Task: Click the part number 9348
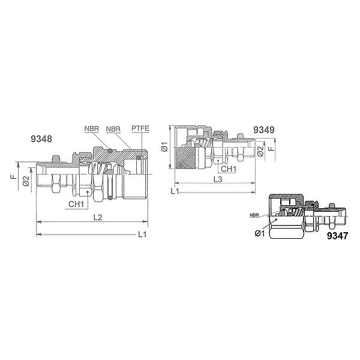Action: pos(41,139)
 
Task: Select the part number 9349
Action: pos(264,130)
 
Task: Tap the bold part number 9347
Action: pos(337,236)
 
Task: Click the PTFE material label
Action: pos(140,128)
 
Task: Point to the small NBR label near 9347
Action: pos(254,215)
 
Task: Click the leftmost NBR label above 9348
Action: pos(92,128)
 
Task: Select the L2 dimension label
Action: pos(98,217)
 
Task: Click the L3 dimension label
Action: pos(218,179)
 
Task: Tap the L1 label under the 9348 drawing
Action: pos(142,235)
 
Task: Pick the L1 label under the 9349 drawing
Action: pos(175,191)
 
